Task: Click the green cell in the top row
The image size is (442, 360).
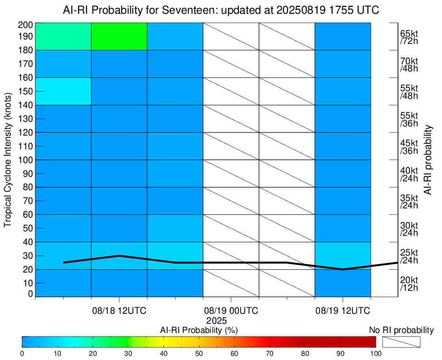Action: (119, 36)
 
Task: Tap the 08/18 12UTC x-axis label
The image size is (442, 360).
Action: (119, 311)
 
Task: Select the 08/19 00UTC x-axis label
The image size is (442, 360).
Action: (231, 311)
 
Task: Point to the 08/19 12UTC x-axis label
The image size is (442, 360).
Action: (343, 311)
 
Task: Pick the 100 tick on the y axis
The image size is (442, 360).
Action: (24, 160)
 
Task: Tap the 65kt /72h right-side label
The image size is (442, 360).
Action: (409, 37)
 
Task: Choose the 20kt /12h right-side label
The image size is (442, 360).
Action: (409, 284)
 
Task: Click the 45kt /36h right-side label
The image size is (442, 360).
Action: (409, 147)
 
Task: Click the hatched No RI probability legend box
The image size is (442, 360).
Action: (401, 342)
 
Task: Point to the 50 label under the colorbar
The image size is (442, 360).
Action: (199, 353)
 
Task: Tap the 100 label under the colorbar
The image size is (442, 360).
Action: (376, 353)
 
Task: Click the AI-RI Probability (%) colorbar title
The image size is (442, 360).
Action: (199, 330)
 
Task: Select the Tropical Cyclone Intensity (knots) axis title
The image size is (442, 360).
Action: (8, 160)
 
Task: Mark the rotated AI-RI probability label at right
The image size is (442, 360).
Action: (428, 159)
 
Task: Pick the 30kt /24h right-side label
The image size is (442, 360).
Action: (409, 229)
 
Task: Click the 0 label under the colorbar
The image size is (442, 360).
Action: (22, 353)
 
